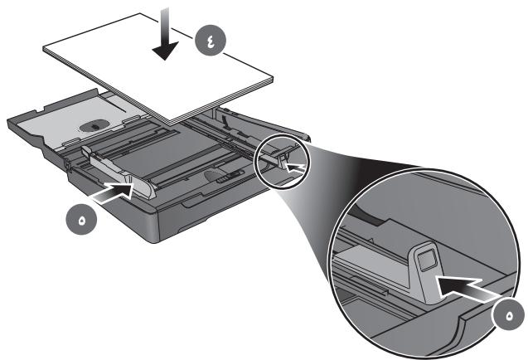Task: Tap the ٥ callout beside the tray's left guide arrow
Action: pyautogui.click(x=81, y=221)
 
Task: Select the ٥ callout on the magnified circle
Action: pyautogui.click(x=509, y=317)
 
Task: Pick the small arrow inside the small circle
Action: pyautogui.click(x=296, y=168)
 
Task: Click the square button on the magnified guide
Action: pyautogui.click(x=425, y=260)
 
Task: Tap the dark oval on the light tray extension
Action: pyautogui.click(x=93, y=126)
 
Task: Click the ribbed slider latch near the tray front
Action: pyautogui.click(x=230, y=176)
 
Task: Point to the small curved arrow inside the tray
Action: pyautogui.click(x=226, y=123)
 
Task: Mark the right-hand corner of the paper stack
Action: pyautogui.click(x=273, y=80)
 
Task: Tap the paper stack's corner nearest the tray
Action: pyautogui.click(x=172, y=124)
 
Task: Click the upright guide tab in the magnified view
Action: pyautogui.click(x=424, y=270)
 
